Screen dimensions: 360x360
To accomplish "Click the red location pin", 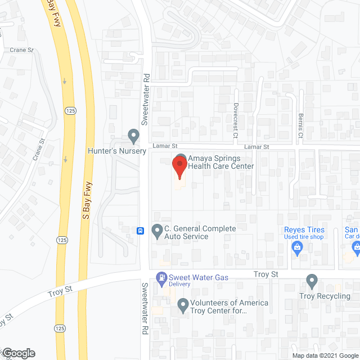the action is pos(179,167).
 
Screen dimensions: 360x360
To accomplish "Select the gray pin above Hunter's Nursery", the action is pos(133,136).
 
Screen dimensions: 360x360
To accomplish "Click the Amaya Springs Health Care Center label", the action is pos(220,162).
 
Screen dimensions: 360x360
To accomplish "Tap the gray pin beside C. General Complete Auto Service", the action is pos(157,232).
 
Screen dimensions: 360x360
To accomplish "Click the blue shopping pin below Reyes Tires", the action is pos(297,251).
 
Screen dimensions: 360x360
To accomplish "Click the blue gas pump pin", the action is pos(162,277).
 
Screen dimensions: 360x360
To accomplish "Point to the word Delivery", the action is pos(180,284).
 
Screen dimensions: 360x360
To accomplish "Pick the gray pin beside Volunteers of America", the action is pos(183,306).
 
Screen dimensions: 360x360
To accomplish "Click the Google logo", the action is pos(19,353).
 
